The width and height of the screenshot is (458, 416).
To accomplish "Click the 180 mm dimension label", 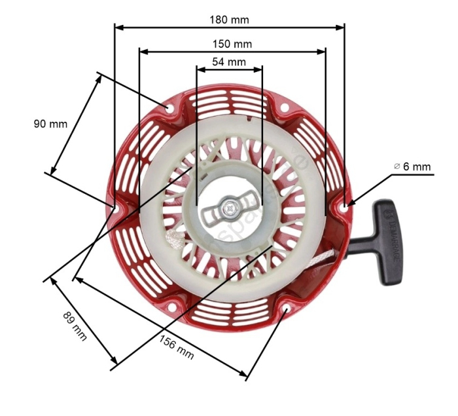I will point(229,20).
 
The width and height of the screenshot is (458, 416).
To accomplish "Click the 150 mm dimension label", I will point(232,44).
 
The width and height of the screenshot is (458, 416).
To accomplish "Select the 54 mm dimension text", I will point(229,62).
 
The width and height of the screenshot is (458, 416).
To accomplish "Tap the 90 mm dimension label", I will point(50,124).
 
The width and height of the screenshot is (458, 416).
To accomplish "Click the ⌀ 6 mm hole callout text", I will point(413,167).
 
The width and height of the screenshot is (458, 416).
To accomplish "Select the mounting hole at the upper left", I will point(170,109).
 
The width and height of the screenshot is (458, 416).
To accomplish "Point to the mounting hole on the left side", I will point(115,208).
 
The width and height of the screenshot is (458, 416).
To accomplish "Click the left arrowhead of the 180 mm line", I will point(118,28).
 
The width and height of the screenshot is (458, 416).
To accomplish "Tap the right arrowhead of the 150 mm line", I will point(322,51).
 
